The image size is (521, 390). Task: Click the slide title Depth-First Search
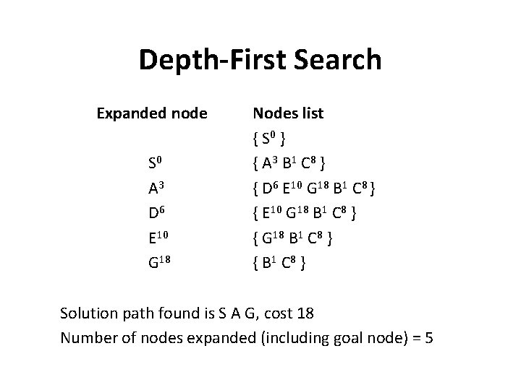coord(260,60)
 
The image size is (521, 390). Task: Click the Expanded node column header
coord(153,113)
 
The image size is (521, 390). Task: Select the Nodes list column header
coord(287,113)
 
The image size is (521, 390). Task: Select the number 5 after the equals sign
coord(429,337)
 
